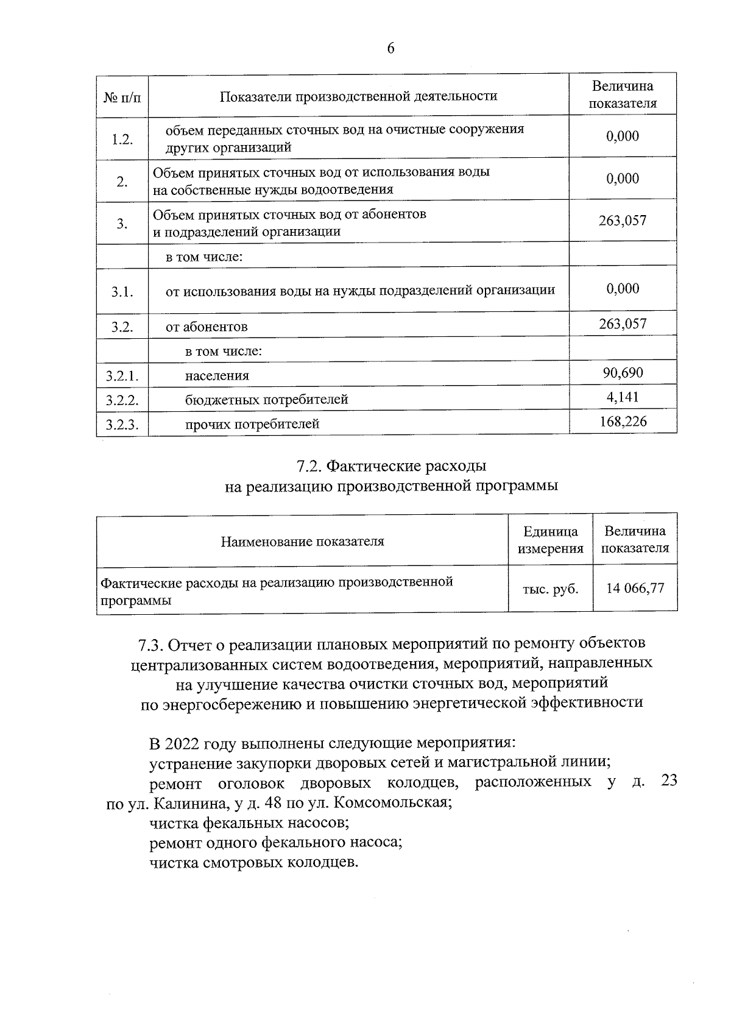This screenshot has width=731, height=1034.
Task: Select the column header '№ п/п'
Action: [x=122, y=96]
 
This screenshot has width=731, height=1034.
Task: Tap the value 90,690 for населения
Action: [x=623, y=372]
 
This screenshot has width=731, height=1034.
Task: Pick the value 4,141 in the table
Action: [x=623, y=397]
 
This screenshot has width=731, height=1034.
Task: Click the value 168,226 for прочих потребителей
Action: [x=623, y=421]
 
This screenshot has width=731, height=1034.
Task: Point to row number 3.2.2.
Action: [x=122, y=400]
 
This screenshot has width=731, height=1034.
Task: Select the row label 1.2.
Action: [x=122, y=139]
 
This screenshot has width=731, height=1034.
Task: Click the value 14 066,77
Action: [x=635, y=588]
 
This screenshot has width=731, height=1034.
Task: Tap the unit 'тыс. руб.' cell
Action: [x=550, y=589]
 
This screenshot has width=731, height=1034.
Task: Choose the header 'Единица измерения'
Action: [x=550, y=540]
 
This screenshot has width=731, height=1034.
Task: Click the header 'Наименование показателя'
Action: [x=302, y=541]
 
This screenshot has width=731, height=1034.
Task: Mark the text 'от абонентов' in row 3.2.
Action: [x=207, y=327]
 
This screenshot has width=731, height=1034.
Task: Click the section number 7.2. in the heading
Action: [x=309, y=467]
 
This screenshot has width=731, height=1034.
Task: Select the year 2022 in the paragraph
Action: [x=182, y=745]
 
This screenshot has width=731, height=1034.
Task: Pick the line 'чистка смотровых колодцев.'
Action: [x=254, y=863]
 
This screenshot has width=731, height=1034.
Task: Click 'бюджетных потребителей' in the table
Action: [x=267, y=400]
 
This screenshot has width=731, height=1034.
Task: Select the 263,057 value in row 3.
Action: [x=623, y=221]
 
